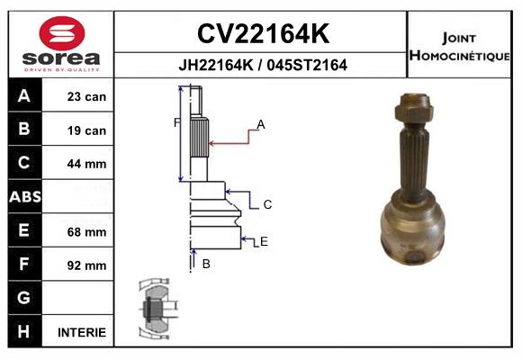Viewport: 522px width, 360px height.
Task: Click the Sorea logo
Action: tap(61, 44)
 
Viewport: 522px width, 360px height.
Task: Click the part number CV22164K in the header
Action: tap(263, 34)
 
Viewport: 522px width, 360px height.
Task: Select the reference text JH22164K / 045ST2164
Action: tap(263, 65)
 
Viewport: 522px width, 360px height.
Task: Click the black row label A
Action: tap(24, 96)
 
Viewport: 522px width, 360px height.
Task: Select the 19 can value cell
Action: tap(86, 130)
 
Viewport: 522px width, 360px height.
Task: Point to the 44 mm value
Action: tap(86, 164)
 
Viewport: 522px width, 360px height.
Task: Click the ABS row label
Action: tap(24, 197)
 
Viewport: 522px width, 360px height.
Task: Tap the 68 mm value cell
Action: tap(86, 231)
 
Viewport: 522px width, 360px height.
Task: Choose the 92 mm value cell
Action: tap(86, 265)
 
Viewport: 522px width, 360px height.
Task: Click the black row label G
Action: tap(24, 298)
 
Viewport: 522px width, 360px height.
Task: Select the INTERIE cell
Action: tap(82, 332)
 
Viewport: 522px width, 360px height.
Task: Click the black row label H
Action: tap(24, 331)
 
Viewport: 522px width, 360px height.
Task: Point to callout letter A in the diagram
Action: tap(261, 124)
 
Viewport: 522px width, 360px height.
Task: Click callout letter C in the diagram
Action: tap(267, 205)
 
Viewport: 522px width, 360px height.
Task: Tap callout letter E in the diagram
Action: tap(264, 241)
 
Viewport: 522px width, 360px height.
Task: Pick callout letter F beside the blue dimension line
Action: tap(177, 122)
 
